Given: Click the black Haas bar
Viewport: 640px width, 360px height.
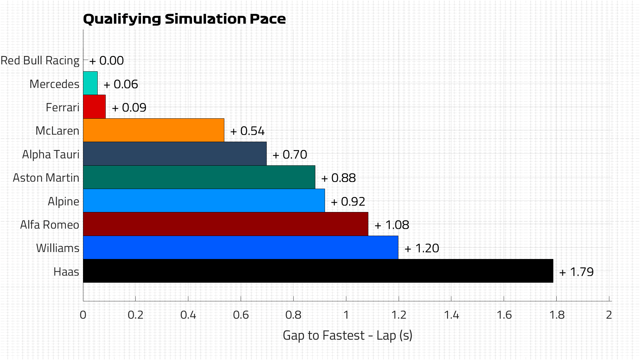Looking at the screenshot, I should (318, 271).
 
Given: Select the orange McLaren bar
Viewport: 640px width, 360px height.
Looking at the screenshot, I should (154, 130).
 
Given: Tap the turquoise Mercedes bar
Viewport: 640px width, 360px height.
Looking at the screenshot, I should (90, 83).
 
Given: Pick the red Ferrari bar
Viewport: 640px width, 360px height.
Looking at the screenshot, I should (94, 107).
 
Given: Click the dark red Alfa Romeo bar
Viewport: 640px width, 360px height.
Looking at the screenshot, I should (226, 224).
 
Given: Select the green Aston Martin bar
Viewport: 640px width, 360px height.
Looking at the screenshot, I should (199, 177).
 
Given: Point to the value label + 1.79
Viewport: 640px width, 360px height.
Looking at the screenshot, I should (577, 272).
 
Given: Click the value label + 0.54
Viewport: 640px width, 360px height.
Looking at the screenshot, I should (247, 131).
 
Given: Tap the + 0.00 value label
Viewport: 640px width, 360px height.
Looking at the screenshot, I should (107, 61).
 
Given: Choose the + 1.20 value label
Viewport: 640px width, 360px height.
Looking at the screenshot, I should (422, 248).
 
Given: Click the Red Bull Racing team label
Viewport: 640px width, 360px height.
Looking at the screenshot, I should (40, 61).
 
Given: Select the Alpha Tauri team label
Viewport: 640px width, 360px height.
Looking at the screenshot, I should (51, 155).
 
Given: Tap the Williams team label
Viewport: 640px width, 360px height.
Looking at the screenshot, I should (58, 248).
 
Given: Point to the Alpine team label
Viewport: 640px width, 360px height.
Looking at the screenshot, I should (63, 201).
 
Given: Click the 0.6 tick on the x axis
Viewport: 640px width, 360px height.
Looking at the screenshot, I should (241, 315).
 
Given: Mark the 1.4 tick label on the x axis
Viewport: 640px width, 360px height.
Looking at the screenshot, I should (451, 315).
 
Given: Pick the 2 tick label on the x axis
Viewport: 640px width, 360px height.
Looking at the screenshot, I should (609, 315).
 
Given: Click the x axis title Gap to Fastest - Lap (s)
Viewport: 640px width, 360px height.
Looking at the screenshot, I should (347, 335).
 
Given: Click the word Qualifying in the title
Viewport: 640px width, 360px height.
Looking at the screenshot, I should (122, 19).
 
